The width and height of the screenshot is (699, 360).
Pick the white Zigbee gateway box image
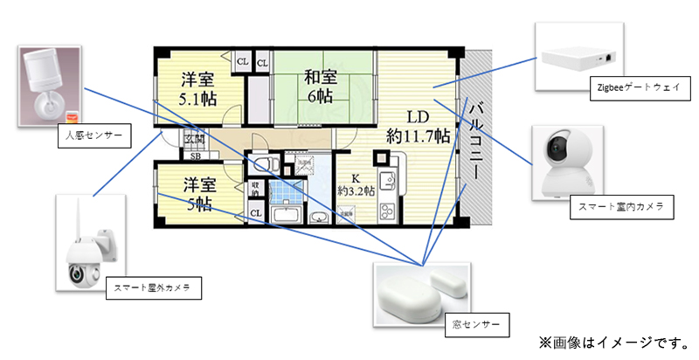pos(580,59)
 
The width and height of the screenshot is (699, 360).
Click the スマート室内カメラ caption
pos(620,207)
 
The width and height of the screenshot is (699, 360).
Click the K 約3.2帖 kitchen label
pos(356,183)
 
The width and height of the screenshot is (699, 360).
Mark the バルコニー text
pos(476,140)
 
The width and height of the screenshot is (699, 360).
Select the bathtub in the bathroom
pos(286,215)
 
